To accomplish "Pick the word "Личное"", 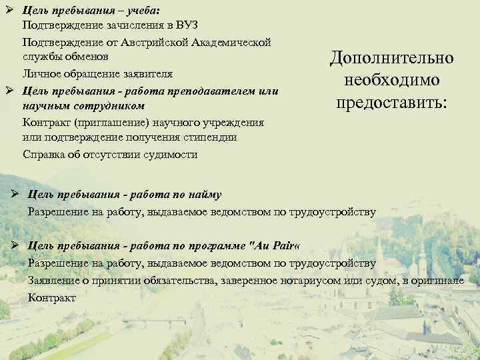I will click(x=39, y=73).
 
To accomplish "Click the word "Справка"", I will click(x=44, y=154).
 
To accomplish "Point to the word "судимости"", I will click(x=171, y=154).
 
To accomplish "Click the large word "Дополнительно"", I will click(x=391, y=58).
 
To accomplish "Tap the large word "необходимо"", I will click(x=391, y=81).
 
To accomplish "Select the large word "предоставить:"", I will click(x=391, y=103).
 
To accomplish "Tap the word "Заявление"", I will click(x=54, y=281).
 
